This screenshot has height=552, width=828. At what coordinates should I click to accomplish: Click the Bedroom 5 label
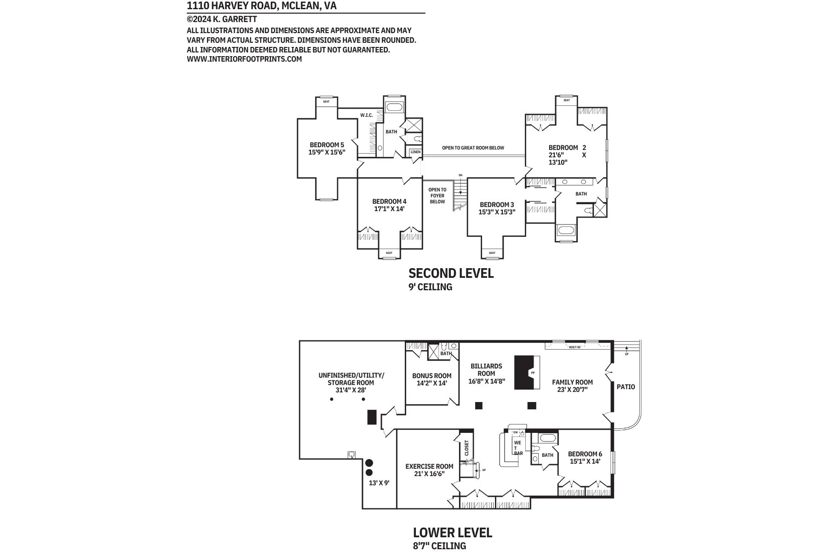tap(327, 144)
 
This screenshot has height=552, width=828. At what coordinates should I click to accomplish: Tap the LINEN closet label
tap(415, 152)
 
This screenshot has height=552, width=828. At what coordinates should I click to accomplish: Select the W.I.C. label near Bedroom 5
tap(366, 115)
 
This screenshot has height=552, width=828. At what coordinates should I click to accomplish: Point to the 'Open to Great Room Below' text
tap(473, 148)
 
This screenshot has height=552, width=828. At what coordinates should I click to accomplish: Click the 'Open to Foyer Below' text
tap(437, 195)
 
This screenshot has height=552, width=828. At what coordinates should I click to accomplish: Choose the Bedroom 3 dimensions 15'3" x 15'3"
tap(497, 212)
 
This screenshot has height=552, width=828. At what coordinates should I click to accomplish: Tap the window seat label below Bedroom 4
tap(389, 253)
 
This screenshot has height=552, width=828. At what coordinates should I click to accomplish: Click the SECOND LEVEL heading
tap(451, 273)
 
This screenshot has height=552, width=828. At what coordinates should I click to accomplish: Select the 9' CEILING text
tap(430, 287)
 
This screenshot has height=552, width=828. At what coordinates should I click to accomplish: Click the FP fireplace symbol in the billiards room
tap(533, 373)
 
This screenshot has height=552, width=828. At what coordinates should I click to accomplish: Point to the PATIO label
tap(626, 387)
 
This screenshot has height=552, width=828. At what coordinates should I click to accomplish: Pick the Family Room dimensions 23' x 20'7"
tap(572, 389)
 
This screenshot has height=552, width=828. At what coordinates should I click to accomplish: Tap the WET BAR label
tap(518, 448)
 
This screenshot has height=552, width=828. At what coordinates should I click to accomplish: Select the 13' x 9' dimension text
tap(379, 483)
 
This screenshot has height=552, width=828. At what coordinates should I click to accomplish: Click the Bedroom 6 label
tap(585, 454)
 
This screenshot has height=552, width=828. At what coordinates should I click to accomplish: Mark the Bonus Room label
tap(431, 376)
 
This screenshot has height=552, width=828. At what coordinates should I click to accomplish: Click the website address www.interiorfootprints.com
tap(244, 59)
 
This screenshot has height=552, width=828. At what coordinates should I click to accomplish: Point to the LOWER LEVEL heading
tap(453, 533)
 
